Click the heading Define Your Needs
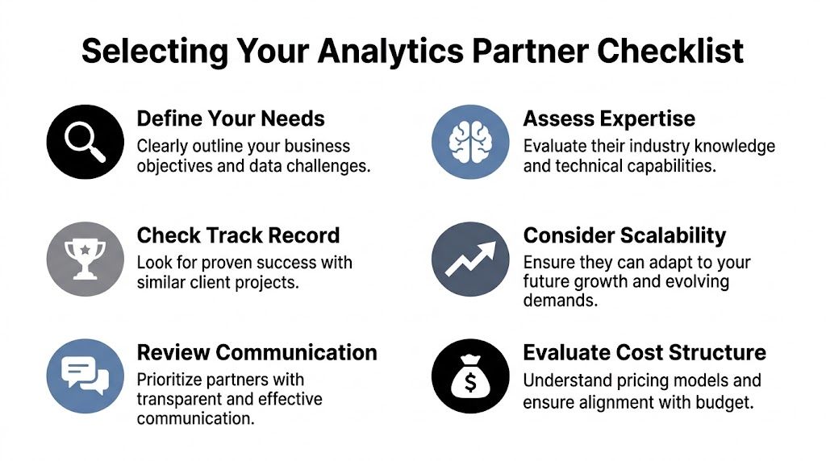(231, 119)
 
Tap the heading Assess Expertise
(609, 119)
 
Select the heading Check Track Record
(238, 235)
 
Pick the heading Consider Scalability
(624, 235)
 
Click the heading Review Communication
(257, 352)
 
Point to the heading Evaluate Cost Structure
(645, 352)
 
